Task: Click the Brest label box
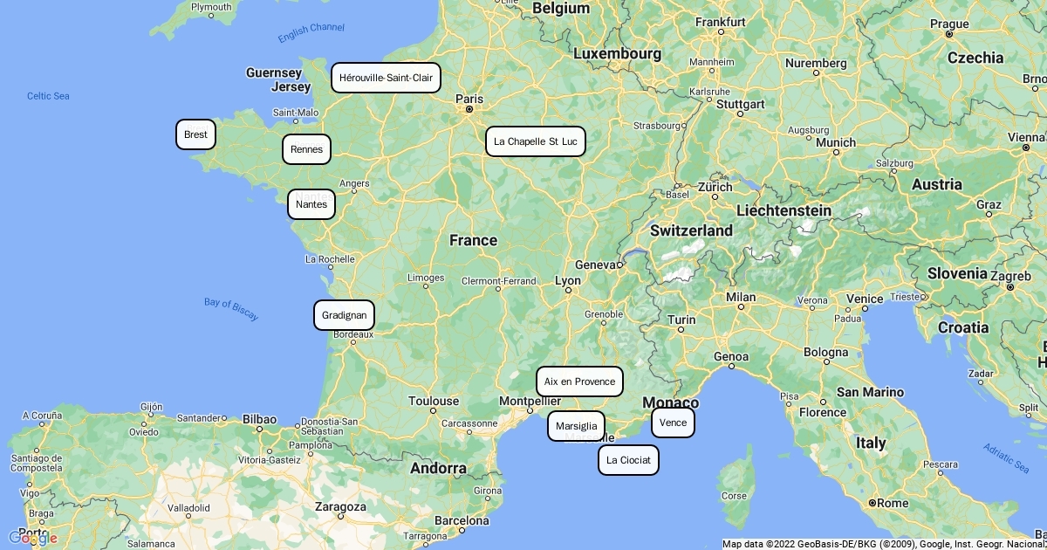[x=195, y=134]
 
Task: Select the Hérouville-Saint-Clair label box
[x=386, y=78]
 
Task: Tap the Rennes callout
[x=306, y=149]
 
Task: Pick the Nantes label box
[x=311, y=204]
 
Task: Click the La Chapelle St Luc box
[x=535, y=141]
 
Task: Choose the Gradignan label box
[x=344, y=315]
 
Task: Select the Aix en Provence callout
[x=579, y=382]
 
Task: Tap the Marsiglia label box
[x=576, y=426]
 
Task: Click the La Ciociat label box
[x=628, y=460]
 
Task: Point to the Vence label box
[x=673, y=423]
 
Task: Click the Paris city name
[x=469, y=99]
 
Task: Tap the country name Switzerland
[x=691, y=230]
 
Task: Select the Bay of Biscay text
[x=231, y=309]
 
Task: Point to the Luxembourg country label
[x=617, y=54]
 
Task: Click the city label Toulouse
[x=433, y=402]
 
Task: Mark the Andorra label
[x=438, y=468]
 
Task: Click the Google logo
[x=32, y=538]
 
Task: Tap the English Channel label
[x=311, y=32]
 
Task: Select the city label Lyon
[x=568, y=281]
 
